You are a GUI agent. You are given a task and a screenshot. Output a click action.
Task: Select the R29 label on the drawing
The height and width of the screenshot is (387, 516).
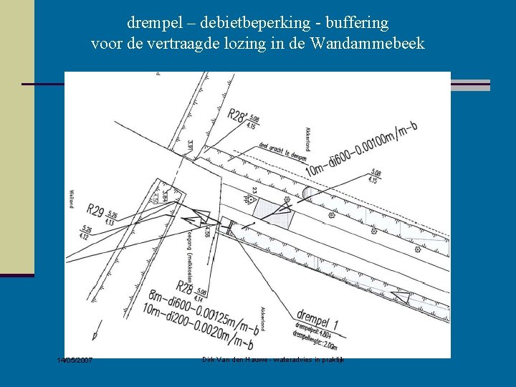pyautogui.click(x=95, y=211)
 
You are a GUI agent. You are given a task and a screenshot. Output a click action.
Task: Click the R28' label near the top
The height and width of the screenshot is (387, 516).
pyautogui.click(x=238, y=114)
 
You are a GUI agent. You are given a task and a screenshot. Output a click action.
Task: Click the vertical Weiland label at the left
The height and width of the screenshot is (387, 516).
pyautogui.click(x=72, y=197)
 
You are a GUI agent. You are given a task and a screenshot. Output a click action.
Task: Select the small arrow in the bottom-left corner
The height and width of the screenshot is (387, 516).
pyautogui.click(x=95, y=335)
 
